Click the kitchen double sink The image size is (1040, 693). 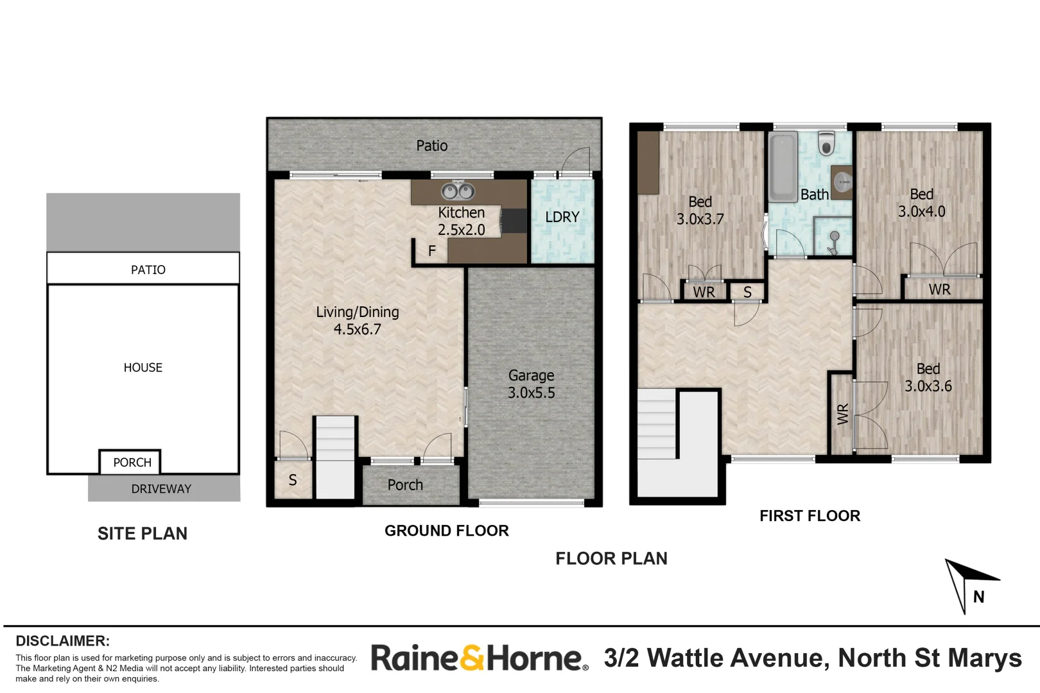pos(458,191)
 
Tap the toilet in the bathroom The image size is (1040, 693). pos(827,144)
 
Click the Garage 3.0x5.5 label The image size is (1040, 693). pos(531,384)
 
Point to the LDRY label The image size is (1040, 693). pos(562,217)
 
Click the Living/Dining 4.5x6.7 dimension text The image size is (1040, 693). pos(357,329)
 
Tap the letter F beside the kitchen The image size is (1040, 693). pos(432,251)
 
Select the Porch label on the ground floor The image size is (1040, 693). pos(405,485)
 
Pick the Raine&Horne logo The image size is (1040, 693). pos(479,658)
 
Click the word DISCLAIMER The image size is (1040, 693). pos(62,640)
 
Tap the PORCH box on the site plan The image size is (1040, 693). pos(132,462)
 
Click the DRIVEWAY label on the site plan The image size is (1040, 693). pos(161,489)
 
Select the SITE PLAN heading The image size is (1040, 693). pos(142,533)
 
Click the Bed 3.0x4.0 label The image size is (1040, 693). pos(921,203)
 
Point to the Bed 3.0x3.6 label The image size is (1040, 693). pos(928,377)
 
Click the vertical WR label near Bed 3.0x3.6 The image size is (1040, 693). pos(843,414)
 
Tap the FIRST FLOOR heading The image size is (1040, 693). pos(810,516)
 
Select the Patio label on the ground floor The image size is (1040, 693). pos(431,146)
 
